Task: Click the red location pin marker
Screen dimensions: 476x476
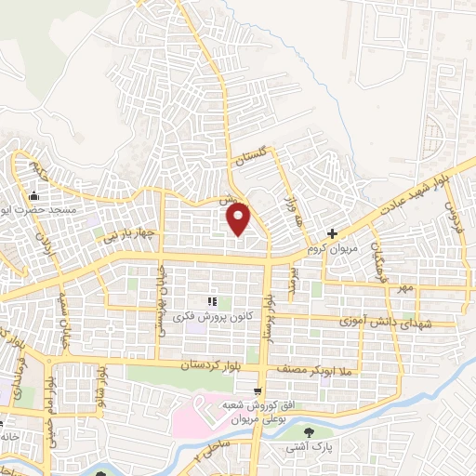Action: [239, 219]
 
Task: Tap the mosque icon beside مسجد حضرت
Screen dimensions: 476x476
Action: [34, 195]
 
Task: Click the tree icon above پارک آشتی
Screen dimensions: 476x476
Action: [310, 431]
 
